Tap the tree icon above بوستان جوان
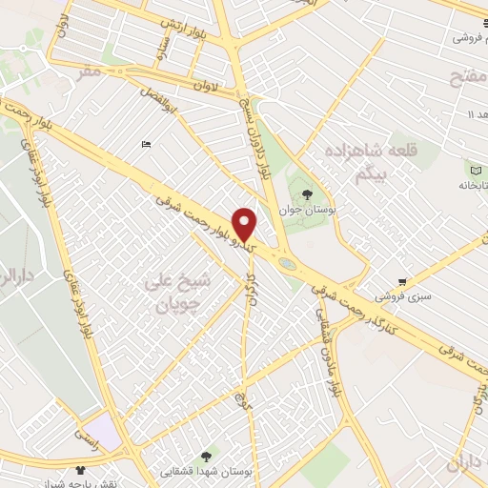[307, 195]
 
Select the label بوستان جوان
[307, 208]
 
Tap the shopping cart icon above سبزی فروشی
[403, 281]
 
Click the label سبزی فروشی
[402, 295]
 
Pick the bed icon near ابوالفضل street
[145, 144]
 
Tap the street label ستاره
[164, 47]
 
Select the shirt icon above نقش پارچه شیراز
[81, 470]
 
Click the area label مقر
[89, 71]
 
